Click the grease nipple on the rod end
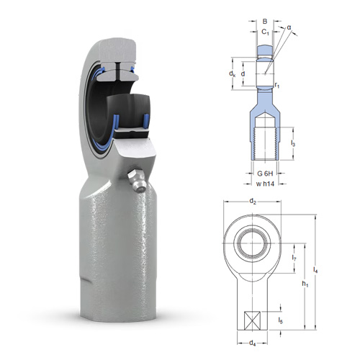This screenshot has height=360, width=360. pos(138,181)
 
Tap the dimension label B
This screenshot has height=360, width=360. pos(265,22)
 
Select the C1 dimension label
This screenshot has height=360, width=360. pos(265,32)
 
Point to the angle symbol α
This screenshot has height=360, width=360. pos(289,27)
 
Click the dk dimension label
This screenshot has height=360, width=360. pos(232,74)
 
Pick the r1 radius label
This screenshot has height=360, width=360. pos(277,85)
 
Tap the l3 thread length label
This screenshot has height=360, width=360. pos(293,143)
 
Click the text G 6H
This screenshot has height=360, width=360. pos(265,173)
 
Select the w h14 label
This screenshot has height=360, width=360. pos(265,184)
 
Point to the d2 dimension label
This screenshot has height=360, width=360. pos(253,201)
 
